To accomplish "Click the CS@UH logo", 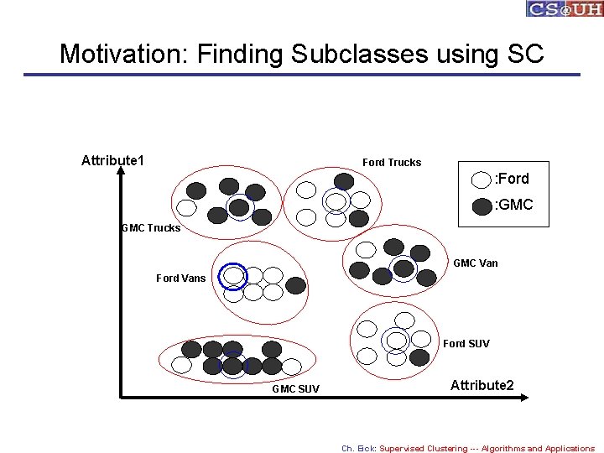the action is pos(564,9).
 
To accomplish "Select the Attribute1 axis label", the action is pos(112,160).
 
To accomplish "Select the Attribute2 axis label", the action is pos(482,385).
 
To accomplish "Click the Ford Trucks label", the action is pos(392,162).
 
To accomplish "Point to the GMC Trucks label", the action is pos(151,227).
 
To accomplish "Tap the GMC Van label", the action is pos(475,263).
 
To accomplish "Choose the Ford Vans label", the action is pos(180,279).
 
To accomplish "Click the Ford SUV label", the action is pos(466,343).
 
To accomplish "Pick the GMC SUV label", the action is pos(295,389).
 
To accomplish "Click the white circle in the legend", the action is pos(482,180).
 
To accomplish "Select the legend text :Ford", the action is pos(512,179).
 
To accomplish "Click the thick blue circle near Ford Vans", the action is pos(233,276).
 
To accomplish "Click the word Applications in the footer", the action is pos(569,448).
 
